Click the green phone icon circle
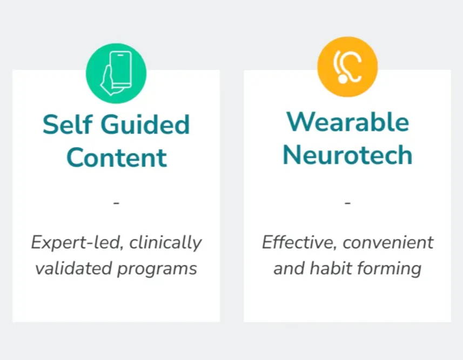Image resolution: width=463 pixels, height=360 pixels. [116, 73]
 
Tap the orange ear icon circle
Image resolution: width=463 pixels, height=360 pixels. [347, 66]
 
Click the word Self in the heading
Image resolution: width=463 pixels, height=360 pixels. [68, 124]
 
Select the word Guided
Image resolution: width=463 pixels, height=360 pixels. [146, 124]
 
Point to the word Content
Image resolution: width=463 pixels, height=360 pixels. [117, 157]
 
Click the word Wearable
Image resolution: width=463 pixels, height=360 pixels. [347, 122]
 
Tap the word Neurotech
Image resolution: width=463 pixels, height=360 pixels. [347, 155]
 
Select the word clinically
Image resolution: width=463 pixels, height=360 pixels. [166, 243]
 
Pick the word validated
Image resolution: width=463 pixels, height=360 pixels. [73, 269]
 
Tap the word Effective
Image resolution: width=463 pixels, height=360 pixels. [299, 243]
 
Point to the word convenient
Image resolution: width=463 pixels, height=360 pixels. [388, 243]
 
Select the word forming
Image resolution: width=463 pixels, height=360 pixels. [389, 269]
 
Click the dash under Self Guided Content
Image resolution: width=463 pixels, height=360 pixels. [116, 203]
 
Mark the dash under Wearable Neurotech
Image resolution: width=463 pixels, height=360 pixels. [347, 203]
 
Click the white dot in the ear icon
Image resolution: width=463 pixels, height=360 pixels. [343, 79]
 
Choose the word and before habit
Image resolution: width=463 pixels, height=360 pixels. [289, 269]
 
